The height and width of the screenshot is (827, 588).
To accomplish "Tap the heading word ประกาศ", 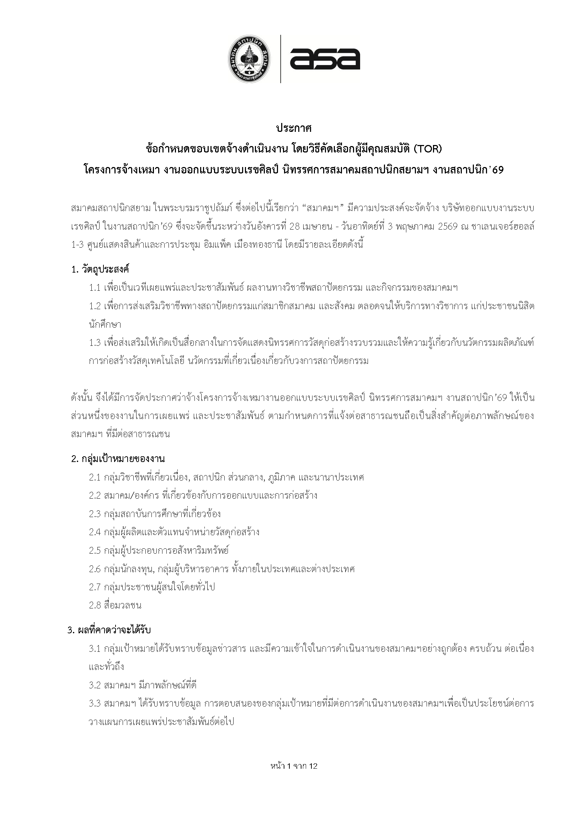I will (x=294, y=128).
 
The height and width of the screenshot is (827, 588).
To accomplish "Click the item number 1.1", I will (x=95, y=288).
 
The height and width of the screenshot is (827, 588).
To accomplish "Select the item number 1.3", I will (x=95, y=342).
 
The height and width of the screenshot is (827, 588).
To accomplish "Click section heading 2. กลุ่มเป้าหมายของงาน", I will (x=118, y=459).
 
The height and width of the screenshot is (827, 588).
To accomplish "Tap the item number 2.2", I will (x=95, y=495).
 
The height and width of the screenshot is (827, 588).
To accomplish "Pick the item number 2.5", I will (x=95, y=550).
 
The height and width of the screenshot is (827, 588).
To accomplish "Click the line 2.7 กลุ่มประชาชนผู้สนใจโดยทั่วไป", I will (x=152, y=587).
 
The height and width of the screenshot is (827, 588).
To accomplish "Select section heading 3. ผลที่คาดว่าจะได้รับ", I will (x=109, y=630).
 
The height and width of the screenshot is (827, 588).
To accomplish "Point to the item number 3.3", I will (x=95, y=703).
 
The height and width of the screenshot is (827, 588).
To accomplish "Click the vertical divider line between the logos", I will (x=280, y=59).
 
